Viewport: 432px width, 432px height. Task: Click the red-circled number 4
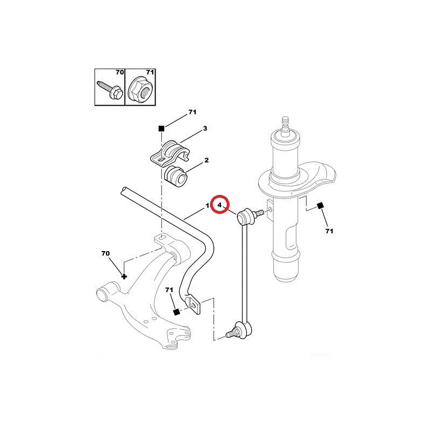point(220,205)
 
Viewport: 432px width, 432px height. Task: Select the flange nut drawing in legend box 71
point(140,89)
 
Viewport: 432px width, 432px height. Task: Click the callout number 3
point(205,129)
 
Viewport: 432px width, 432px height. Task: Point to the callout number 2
point(206,160)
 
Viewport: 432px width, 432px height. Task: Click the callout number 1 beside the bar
point(207,206)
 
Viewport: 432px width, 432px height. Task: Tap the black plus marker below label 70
point(124,276)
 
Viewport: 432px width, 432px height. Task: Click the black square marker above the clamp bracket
point(161,129)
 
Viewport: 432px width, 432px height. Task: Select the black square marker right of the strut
point(320,206)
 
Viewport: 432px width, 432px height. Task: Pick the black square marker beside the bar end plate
point(177,312)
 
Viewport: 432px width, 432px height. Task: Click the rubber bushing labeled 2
point(176,177)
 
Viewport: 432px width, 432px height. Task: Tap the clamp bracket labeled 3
point(170,154)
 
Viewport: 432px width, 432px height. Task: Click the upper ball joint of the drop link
point(245,217)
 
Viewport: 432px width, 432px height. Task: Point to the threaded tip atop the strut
point(286,124)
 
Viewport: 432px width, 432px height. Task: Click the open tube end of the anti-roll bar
point(124,191)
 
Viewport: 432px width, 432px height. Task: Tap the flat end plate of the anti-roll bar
point(195,305)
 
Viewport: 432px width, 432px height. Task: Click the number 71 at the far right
point(329,231)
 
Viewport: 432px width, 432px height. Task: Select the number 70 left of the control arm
point(105,253)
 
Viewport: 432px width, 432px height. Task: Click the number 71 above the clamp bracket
point(192,112)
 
